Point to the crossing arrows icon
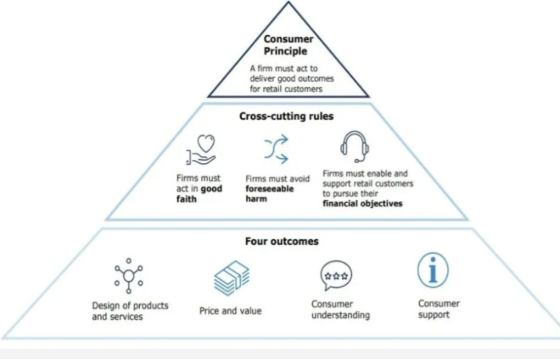click(x=276, y=149)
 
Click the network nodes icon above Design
click(x=128, y=276)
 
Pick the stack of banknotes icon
click(x=231, y=278)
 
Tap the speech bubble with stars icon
click(x=336, y=276)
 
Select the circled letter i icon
click(x=433, y=270)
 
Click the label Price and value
click(x=230, y=310)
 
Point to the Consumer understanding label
click(x=340, y=310)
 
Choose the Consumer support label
click(x=439, y=309)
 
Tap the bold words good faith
click(x=199, y=194)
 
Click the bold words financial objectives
click(x=362, y=204)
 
